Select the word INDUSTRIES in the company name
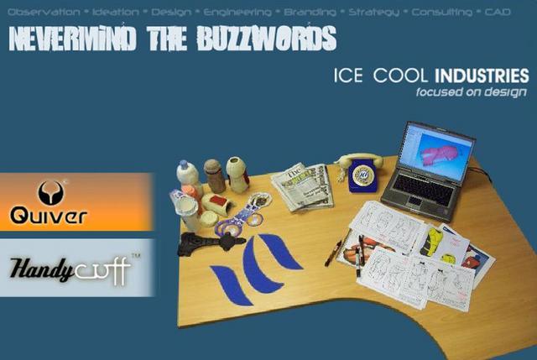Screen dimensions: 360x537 coord(482,76)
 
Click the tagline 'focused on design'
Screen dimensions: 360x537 coord(472,92)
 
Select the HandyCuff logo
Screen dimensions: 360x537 coord(74,269)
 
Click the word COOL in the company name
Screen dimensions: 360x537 coord(394,76)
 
